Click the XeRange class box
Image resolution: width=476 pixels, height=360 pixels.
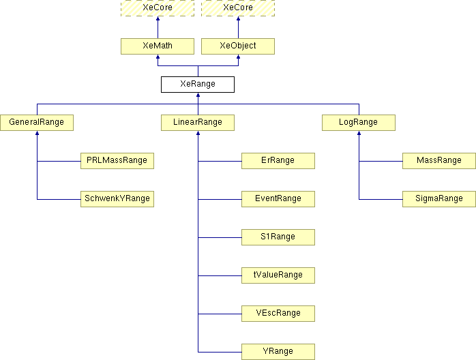(198, 85)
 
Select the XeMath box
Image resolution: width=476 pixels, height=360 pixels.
(158, 46)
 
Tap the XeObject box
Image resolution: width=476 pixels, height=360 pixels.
(238, 46)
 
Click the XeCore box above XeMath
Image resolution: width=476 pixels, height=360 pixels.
(158, 7)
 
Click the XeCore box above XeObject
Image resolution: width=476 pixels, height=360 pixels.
(238, 7)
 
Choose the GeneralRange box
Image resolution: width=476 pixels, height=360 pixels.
(37, 123)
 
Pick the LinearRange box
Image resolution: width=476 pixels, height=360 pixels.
(198, 123)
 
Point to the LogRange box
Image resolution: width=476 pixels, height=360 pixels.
(359, 123)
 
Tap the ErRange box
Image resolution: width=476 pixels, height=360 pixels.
(278, 161)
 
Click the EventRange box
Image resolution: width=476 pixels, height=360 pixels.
(278, 199)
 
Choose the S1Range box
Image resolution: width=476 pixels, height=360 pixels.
(278, 237)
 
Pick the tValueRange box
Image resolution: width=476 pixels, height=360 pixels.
(278, 275)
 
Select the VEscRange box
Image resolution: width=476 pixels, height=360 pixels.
(278, 314)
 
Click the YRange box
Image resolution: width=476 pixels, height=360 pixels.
(278, 352)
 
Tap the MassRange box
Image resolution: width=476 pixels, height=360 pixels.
(439, 161)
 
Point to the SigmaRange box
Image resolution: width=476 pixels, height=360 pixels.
(439, 199)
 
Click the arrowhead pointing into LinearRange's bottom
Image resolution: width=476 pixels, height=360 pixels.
(198, 134)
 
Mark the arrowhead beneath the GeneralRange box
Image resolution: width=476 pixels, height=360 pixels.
(37, 134)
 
